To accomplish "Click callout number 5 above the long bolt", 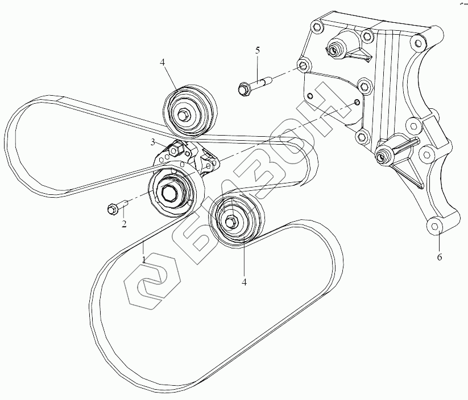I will tap(258, 51).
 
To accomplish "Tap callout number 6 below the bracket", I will tap(439, 257).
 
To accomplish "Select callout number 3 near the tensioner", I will tap(152, 141).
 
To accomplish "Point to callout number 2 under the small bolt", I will tap(124, 224).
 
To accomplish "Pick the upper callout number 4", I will tap(163, 62).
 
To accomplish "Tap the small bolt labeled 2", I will tap(113, 209).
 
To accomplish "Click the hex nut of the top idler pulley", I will tap(183, 116).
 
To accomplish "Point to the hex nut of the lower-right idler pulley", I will tap(230, 221).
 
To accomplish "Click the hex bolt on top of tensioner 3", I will tap(176, 150).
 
